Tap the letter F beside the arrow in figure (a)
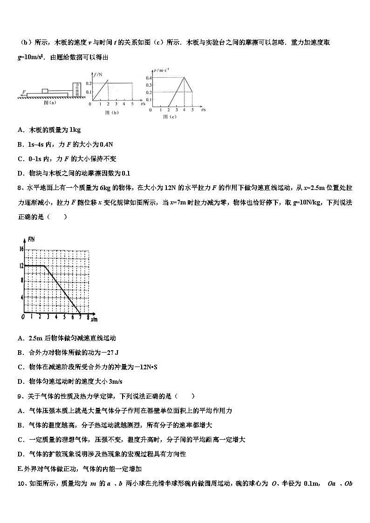point(24,92)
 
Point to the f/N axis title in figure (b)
point(97,74)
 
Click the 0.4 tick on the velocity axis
point(149,77)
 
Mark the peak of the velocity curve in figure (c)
point(185,77)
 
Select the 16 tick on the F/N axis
point(21,249)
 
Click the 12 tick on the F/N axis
point(21,265)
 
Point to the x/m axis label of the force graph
point(94,319)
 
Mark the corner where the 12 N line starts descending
point(45,265)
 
